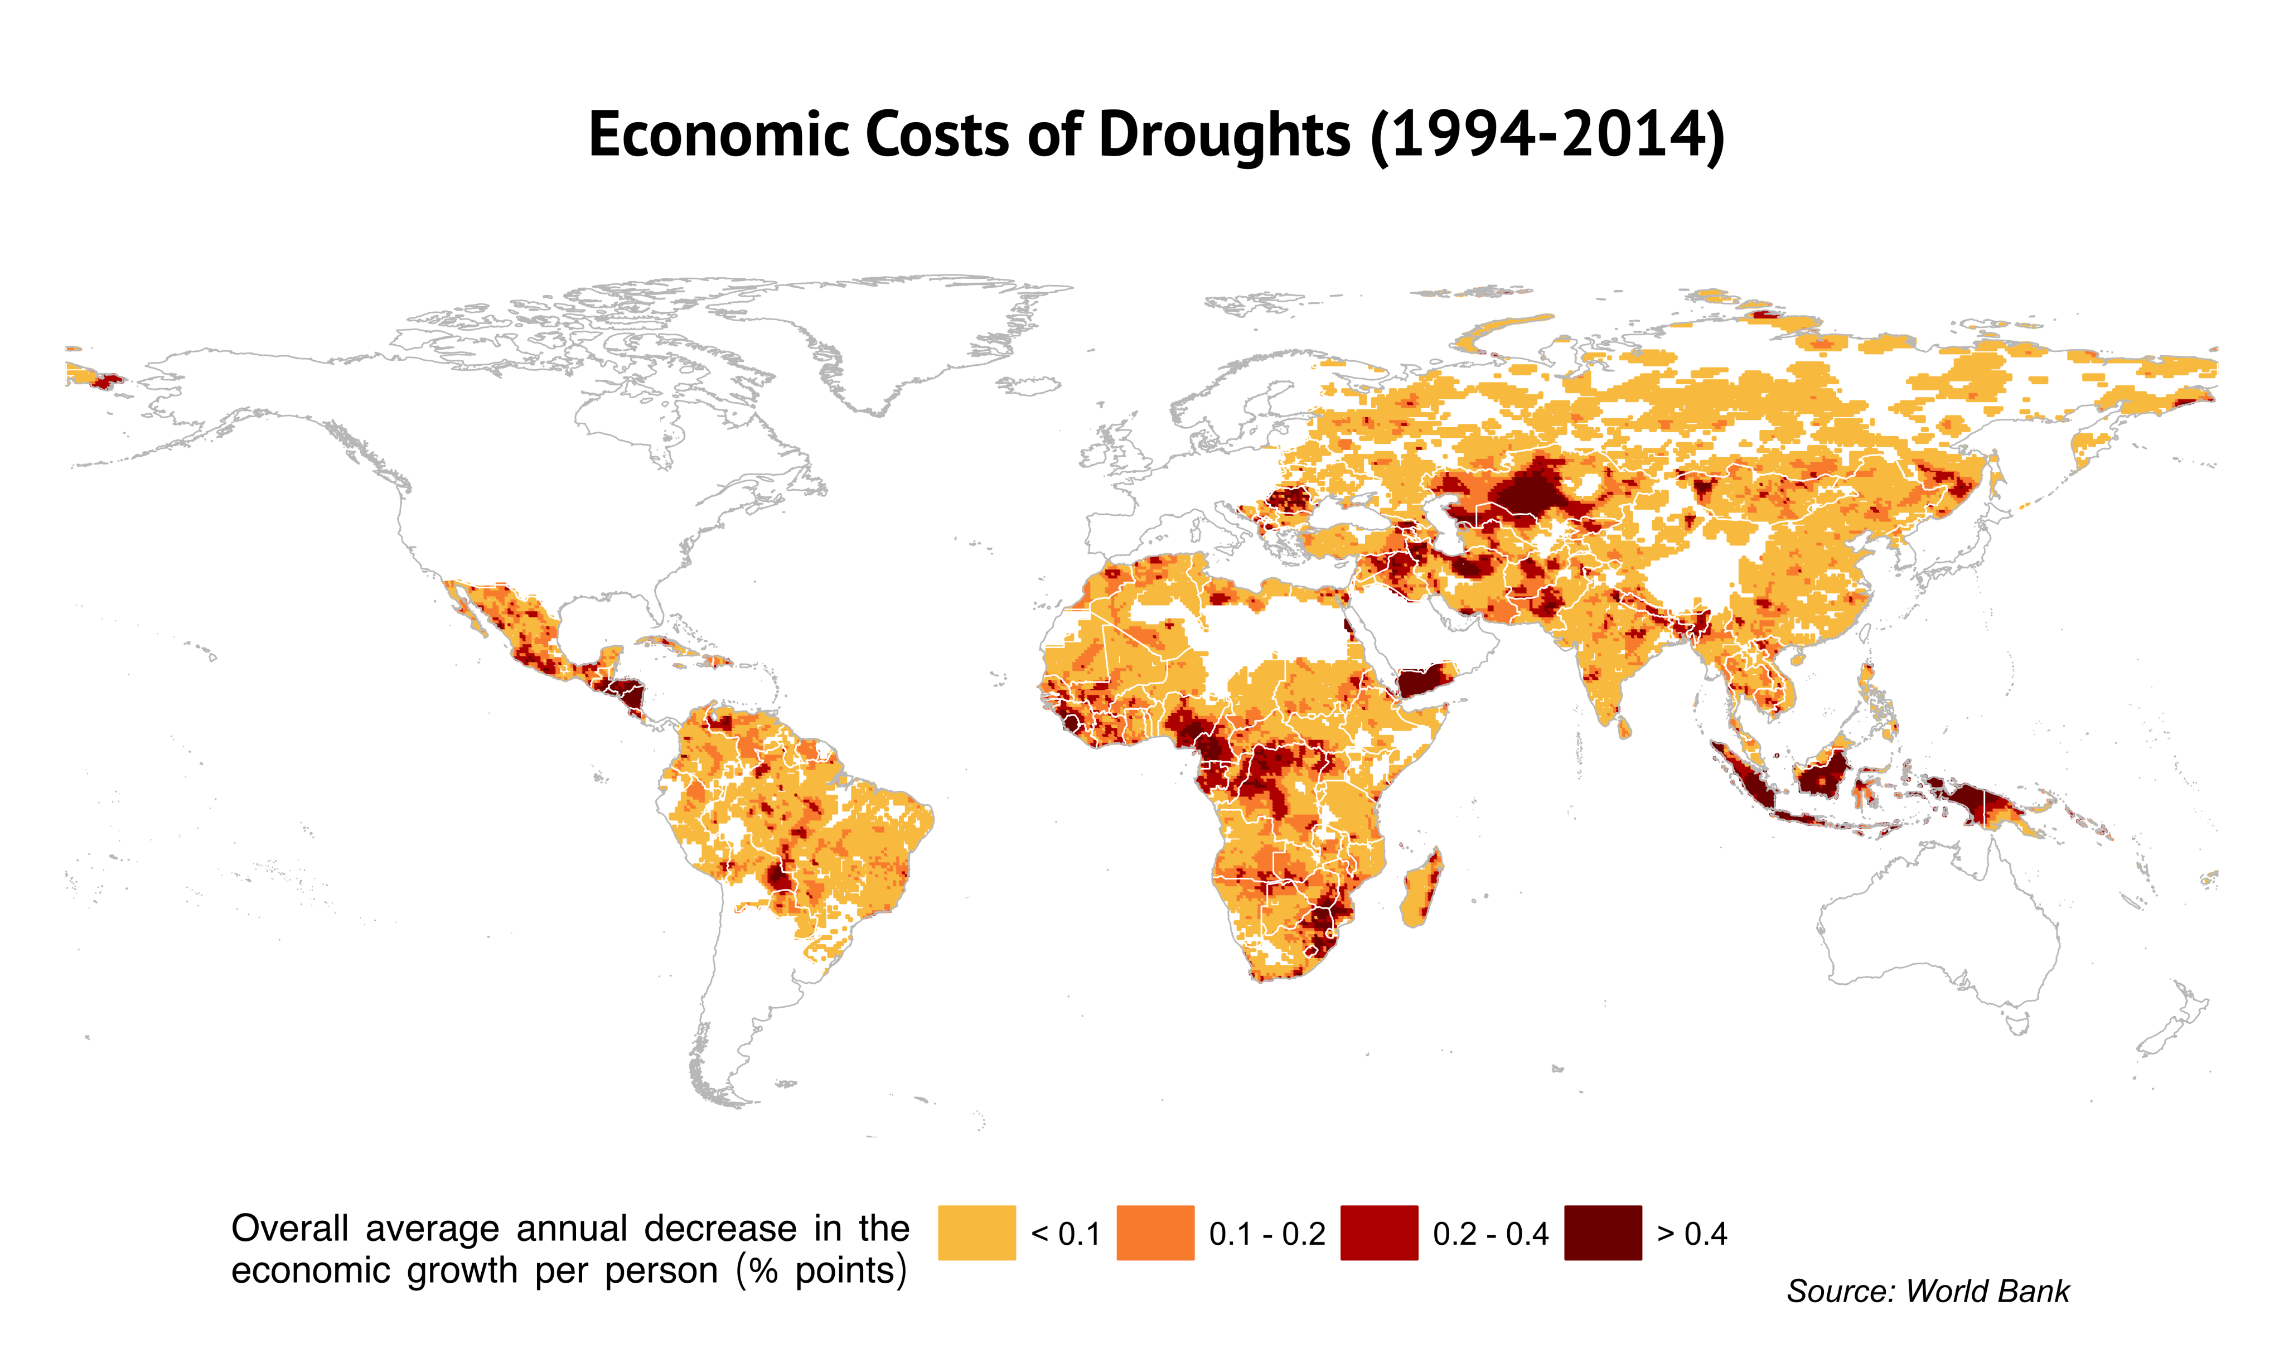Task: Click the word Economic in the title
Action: coord(719,135)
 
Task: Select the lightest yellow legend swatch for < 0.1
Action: coord(976,1232)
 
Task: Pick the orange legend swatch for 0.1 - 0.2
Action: coord(1155,1232)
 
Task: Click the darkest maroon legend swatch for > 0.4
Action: coord(1603,1232)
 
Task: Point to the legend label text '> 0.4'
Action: coord(1692,1234)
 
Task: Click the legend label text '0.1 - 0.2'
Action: coord(1267,1234)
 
